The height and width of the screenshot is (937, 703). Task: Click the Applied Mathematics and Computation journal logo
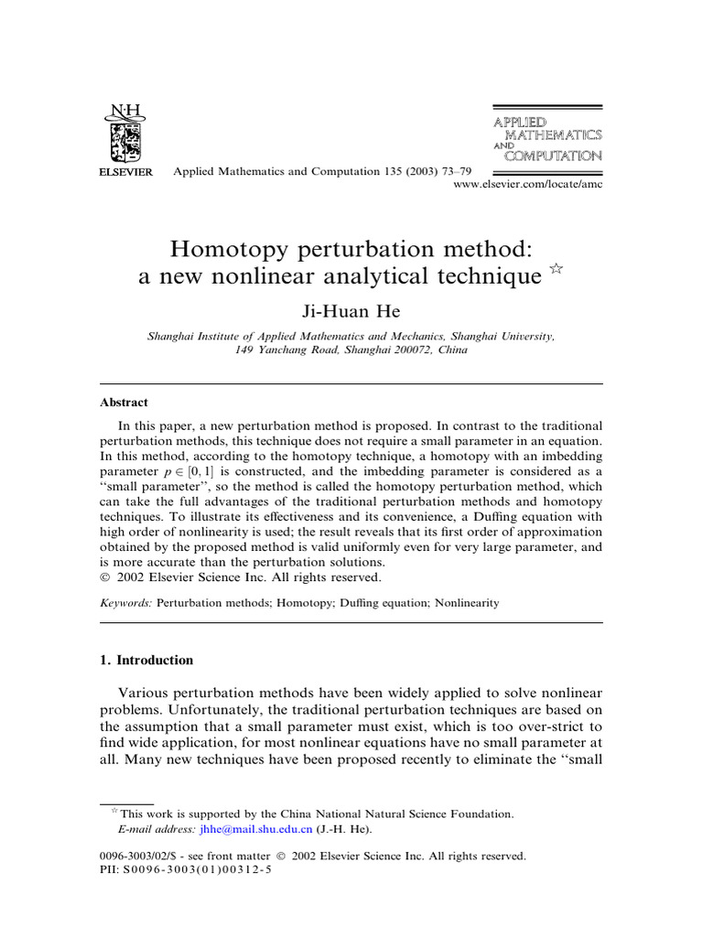pyautogui.click(x=547, y=138)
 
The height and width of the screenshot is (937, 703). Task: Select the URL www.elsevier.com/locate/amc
pyautogui.click(x=528, y=185)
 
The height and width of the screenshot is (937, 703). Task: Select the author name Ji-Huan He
pyautogui.click(x=351, y=313)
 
